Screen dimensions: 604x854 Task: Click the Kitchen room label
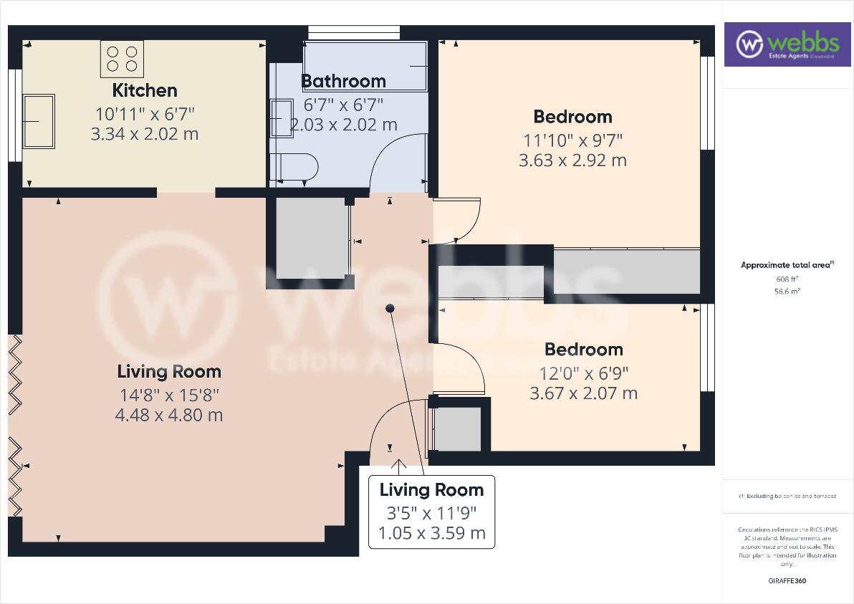pyautogui.click(x=145, y=90)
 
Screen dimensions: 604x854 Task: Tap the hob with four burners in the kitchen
pyautogui.click(x=122, y=58)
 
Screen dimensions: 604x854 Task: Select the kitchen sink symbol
pyautogui.click(x=39, y=121)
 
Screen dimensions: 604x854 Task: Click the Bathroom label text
pyautogui.click(x=343, y=81)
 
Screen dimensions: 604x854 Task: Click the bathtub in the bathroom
pyautogui.click(x=365, y=66)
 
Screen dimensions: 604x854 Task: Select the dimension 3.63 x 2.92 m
pyautogui.click(x=572, y=160)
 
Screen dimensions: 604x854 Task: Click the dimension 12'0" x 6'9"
pyautogui.click(x=583, y=373)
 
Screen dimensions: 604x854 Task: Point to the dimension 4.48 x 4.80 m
pyautogui.click(x=168, y=415)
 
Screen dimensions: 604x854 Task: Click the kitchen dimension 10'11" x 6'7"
pyautogui.click(x=145, y=113)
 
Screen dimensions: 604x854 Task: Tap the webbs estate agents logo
pyautogui.click(x=786, y=44)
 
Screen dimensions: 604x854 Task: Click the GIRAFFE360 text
pyautogui.click(x=787, y=580)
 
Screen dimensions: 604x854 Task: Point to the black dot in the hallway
pyautogui.click(x=390, y=309)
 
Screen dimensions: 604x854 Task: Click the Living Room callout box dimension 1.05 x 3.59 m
pyautogui.click(x=431, y=533)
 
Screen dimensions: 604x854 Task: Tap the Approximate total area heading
pyautogui.click(x=787, y=265)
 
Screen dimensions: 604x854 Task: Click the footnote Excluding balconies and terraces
pyautogui.click(x=787, y=496)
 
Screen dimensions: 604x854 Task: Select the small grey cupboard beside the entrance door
pyautogui.click(x=458, y=429)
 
